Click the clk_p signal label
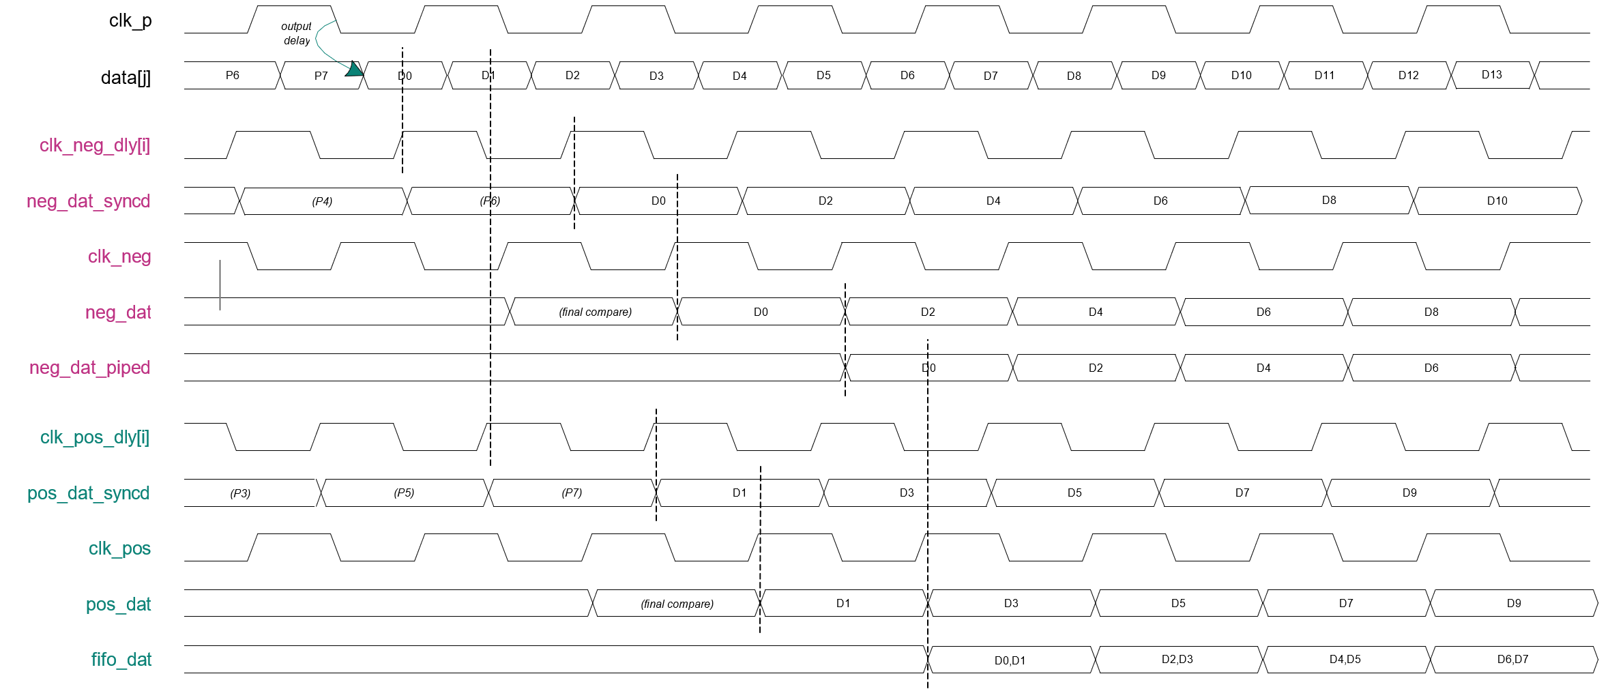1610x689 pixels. (130, 21)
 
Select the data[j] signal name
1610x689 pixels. (126, 78)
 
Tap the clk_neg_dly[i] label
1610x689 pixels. (95, 145)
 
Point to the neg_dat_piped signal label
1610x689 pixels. (89, 368)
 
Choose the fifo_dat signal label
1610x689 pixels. (121, 660)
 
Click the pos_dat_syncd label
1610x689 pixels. (88, 493)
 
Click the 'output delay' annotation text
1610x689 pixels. (296, 33)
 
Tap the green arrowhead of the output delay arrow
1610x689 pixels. (354, 69)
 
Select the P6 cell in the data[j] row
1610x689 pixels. (233, 75)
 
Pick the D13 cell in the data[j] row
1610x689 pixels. (1491, 75)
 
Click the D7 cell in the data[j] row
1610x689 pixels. (991, 76)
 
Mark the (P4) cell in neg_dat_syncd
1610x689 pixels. (322, 201)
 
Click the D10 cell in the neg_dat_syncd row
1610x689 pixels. (1497, 201)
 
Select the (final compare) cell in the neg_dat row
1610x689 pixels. (595, 312)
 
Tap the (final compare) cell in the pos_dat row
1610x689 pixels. (677, 604)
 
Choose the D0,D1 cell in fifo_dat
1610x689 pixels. (1010, 660)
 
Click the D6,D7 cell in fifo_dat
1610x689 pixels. (1512, 660)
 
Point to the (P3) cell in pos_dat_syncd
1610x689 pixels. (240, 493)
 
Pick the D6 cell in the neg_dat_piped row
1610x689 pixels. (1431, 368)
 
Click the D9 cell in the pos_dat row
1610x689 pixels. (1513, 604)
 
